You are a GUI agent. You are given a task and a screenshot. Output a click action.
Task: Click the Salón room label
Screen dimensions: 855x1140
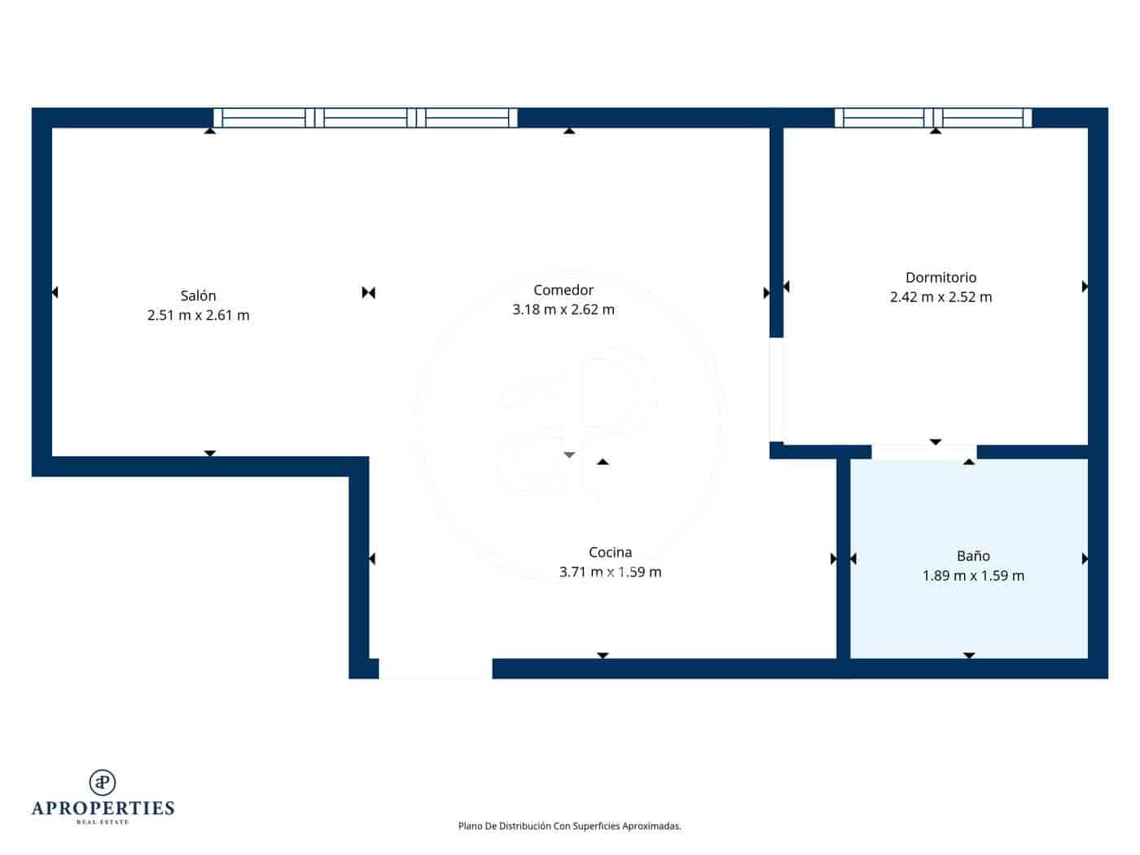tap(198, 296)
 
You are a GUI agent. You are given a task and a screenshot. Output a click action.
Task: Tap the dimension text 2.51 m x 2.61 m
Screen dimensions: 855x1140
tap(198, 315)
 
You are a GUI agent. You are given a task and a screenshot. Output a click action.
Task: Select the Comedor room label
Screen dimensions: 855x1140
tap(563, 290)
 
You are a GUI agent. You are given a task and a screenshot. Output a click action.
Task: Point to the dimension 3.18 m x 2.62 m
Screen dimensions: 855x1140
tap(563, 309)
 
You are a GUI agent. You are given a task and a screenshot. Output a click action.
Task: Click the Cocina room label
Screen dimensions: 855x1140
tap(610, 553)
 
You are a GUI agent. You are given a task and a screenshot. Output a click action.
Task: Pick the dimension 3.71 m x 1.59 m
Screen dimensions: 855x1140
tap(610, 572)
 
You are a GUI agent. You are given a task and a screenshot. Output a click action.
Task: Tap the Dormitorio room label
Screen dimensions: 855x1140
tap(940, 278)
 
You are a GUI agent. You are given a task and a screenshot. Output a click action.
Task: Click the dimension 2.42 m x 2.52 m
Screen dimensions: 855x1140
tap(940, 297)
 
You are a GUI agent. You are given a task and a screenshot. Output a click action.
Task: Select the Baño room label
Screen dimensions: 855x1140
tap(973, 556)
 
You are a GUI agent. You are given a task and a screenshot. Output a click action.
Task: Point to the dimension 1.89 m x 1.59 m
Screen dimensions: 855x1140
tap(973, 576)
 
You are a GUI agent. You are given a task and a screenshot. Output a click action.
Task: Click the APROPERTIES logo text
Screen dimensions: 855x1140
tap(103, 808)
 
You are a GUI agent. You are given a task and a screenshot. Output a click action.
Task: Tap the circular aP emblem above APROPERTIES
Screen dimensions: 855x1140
tap(103, 782)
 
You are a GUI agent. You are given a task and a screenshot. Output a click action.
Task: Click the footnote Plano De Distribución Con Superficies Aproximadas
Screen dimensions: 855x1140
tap(569, 826)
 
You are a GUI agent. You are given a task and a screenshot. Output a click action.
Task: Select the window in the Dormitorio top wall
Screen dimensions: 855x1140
tap(933, 118)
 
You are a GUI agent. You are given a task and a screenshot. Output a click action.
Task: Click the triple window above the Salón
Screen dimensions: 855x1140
tap(366, 118)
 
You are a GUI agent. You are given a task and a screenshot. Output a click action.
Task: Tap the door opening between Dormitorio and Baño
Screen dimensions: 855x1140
tap(923, 452)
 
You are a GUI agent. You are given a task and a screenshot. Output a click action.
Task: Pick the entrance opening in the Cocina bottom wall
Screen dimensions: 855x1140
tap(436, 669)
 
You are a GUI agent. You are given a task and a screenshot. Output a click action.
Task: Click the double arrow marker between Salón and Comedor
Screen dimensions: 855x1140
tap(368, 292)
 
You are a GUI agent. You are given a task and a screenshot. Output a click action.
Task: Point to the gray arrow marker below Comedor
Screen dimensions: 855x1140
tap(569, 454)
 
